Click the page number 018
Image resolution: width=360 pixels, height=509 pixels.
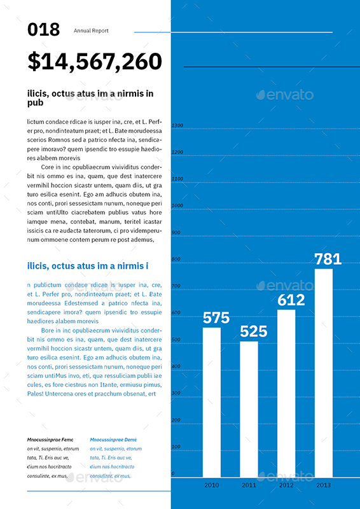44,29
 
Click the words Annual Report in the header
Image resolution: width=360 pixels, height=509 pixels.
91,31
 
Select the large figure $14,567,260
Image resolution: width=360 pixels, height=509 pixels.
95,61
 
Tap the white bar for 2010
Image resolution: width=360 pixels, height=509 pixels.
212,402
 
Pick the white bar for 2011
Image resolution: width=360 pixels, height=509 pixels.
249,409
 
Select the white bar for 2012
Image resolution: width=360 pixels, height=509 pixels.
286,393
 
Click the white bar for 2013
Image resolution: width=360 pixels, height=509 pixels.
324,373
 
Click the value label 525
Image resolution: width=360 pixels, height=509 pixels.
253,331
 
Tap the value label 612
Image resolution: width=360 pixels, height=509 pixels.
291,300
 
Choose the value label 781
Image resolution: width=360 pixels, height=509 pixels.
328,259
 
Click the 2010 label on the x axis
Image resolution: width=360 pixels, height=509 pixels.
212,485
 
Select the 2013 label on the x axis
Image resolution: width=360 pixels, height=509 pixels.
324,485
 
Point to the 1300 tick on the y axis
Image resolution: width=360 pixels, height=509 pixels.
177,125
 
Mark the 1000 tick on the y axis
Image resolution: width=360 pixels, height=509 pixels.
177,206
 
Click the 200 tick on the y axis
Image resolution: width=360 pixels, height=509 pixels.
176,420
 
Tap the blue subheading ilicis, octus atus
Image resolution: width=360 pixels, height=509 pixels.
88,265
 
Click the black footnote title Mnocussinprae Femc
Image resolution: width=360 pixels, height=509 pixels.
50,440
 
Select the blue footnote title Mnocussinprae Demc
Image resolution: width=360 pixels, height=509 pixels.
113,440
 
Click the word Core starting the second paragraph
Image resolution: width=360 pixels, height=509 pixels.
48,167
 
